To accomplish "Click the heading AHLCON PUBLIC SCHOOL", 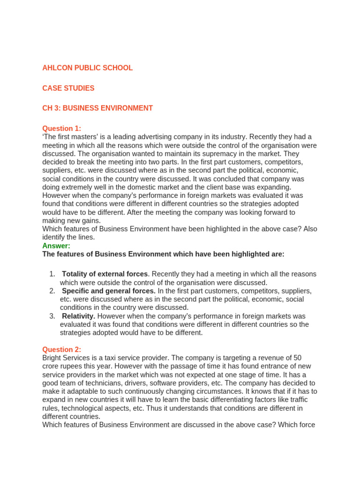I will tap(87, 68).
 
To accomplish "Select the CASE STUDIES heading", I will tap(68, 88).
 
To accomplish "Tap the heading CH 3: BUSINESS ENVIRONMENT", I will tap(97, 108).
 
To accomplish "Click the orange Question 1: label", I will tap(61, 128).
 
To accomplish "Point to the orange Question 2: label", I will tap(61, 349).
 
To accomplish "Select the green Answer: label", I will tap(56, 246).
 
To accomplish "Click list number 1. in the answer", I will tap(52, 274).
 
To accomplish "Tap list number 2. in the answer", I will tap(52, 291).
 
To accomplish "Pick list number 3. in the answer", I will tap(52, 316).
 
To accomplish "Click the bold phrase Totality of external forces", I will tap(105, 274).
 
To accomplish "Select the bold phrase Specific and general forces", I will tap(109, 291).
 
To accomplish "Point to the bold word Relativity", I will tap(78, 316).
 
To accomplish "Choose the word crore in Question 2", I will tap(52, 366).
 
